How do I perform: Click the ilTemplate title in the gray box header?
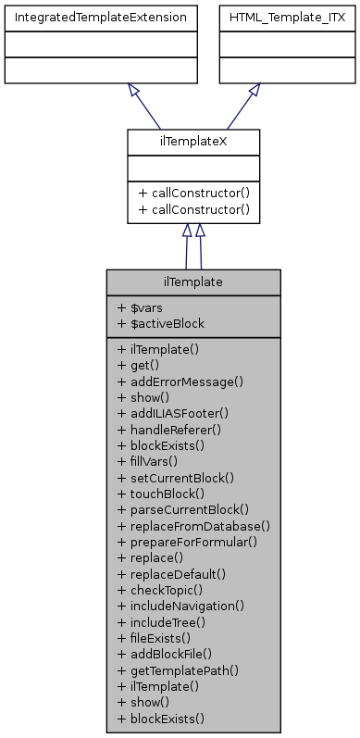coord(193,281)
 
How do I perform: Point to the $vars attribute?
coord(141,307)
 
